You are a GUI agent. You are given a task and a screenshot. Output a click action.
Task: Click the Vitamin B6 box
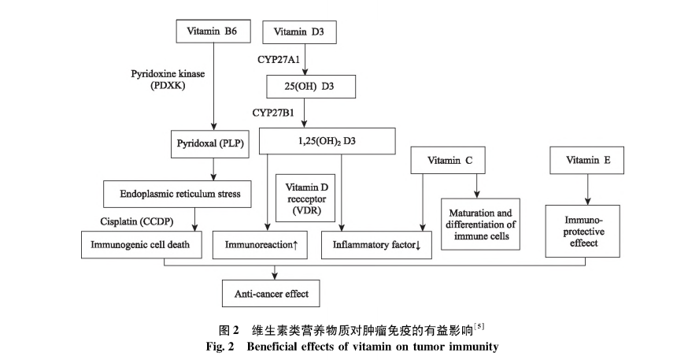pos(213,32)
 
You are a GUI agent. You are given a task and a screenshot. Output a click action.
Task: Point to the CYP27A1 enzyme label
pos(279,59)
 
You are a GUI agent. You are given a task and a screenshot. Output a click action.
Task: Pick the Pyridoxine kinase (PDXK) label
pos(167,79)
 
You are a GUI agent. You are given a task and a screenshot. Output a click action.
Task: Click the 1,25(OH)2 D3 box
pos(327,141)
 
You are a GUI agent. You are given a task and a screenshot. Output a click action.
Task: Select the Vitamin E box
pos(587,161)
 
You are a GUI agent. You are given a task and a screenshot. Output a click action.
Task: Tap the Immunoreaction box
pos(261,245)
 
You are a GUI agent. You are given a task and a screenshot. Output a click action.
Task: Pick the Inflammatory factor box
pos(377,245)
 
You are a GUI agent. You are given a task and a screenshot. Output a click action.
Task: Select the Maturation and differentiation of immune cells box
pos(481,225)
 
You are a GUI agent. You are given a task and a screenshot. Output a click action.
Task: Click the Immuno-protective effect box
pos(586,231)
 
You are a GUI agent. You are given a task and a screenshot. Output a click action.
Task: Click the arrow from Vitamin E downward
pos(587,189)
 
